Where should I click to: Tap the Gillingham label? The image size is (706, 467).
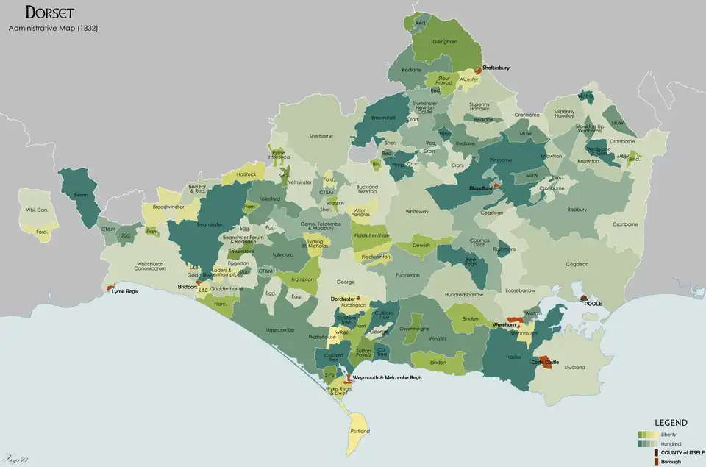tap(444, 42)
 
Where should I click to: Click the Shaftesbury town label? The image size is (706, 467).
tap(496, 68)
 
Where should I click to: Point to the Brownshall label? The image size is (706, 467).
tap(383, 117)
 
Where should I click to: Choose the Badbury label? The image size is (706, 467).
tap(577, 209)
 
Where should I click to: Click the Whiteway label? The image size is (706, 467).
tap(416, 212)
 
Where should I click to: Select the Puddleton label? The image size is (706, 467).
tap(407, 274)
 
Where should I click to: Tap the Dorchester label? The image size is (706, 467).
tap(343, 299)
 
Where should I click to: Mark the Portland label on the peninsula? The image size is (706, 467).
tap(360, 431)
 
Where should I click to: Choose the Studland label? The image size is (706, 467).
tap(574, 367)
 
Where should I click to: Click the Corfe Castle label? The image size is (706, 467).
tap(545, 362)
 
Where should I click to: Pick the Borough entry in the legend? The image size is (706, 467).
tap(671, 461)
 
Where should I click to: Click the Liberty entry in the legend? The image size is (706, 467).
tap(669, 435)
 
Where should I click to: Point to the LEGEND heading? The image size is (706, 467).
tap(671, 423)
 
